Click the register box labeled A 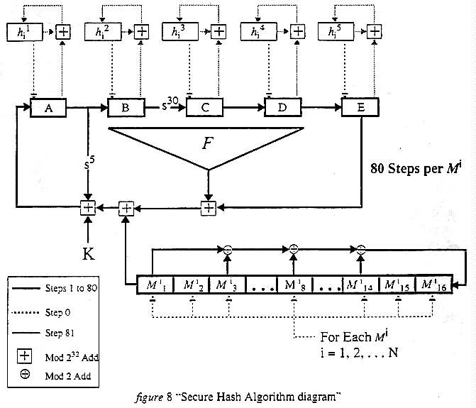[48, 109]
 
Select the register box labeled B [126, 109]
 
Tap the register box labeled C [204, 109]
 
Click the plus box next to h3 [218, 32]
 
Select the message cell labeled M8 [292, 286]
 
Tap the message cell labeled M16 [431, 286]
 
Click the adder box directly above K [87, 207]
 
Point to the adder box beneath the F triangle [208, 207]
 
